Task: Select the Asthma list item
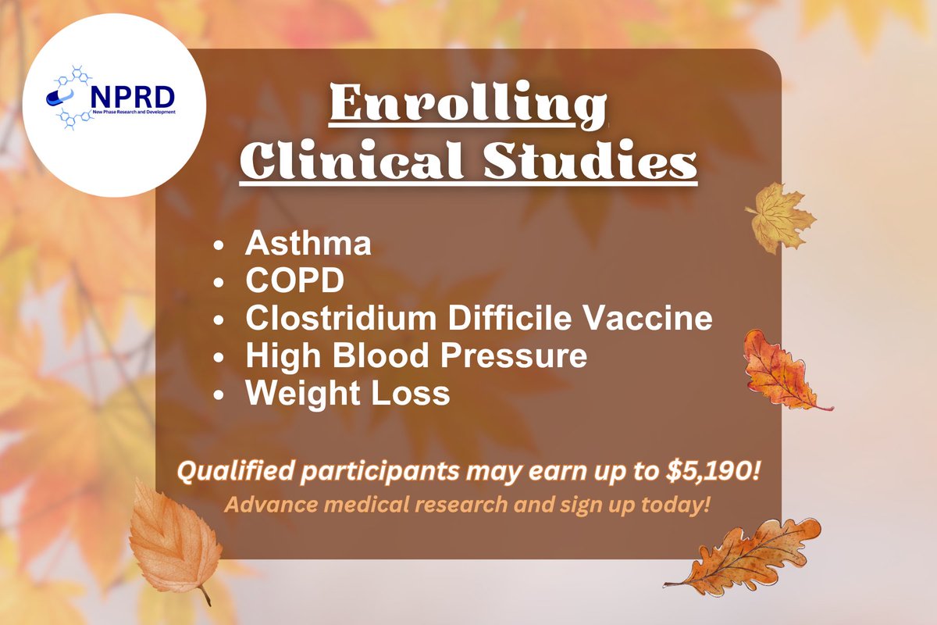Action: click(308, 245)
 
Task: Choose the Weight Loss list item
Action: click(347, 393)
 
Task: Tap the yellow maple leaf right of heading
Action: click(778, 216)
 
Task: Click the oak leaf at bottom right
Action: click(746, 555)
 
